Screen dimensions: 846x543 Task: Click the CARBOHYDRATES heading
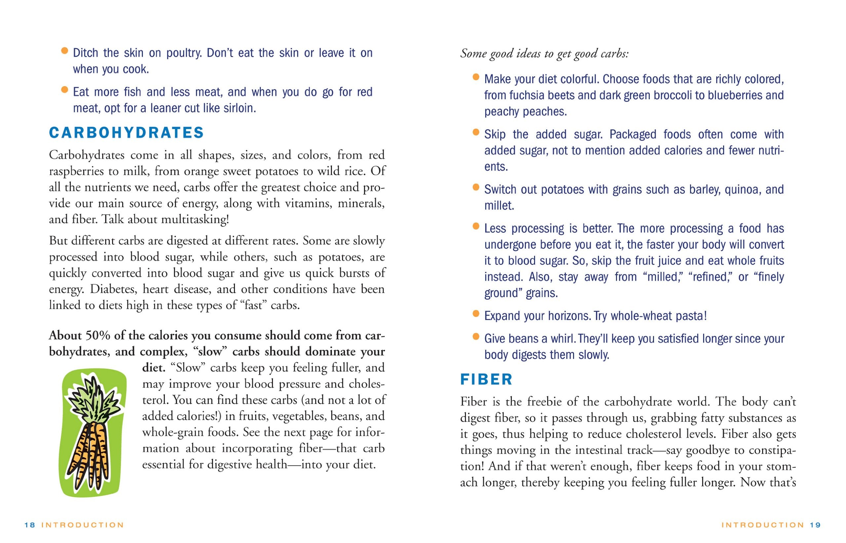[x=126, y=133]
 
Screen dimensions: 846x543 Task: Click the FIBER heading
[x=486, y=380]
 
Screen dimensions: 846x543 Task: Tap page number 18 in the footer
[x=30, y=525]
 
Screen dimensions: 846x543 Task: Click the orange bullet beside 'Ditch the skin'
[x=64, y=51]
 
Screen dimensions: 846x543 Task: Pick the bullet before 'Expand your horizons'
[x=476, y=313]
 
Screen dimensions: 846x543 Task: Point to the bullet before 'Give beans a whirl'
[x=476, y=336]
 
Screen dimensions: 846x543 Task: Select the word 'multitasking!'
[x=195, y=219]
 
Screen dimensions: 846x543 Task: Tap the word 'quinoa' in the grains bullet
[x=740, y=190]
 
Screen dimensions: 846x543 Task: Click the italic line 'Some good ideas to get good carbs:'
[x=544, y=54]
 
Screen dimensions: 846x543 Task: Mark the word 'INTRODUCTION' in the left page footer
[x=83, y=525]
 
